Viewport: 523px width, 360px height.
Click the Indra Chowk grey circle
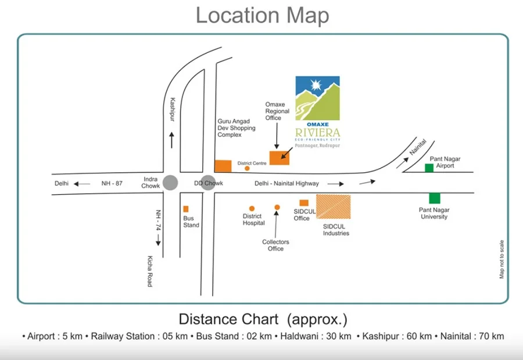click(170, 183)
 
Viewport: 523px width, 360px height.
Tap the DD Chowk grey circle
click(208, 183)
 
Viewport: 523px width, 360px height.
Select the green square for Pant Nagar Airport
click(429, 168)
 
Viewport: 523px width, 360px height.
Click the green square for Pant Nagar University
click(434, 198)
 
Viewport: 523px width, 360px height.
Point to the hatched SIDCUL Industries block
click(333, 206)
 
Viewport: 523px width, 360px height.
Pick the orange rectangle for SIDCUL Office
click(304, 203)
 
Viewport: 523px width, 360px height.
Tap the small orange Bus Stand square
click(186, 209)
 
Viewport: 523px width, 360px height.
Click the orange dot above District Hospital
click(252, 209)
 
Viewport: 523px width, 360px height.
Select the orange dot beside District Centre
click(247, 168)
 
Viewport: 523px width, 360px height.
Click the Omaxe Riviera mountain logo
click(317, 98)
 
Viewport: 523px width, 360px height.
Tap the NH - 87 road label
click(112, 183)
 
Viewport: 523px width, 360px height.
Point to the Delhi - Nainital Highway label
click(286, 183)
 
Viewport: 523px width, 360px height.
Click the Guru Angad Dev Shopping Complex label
click(237, 128)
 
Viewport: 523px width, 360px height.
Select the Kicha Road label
click(150, 271)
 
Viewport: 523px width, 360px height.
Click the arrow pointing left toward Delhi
click(82, 184)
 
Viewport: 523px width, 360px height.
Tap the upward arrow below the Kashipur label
click(171, 140)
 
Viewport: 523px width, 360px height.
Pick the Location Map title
click(262, 15)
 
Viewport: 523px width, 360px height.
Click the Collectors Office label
click(275, 245)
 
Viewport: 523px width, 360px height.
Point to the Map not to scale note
click(501, 259)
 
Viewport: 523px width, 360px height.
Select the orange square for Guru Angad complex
click(223, 166)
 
